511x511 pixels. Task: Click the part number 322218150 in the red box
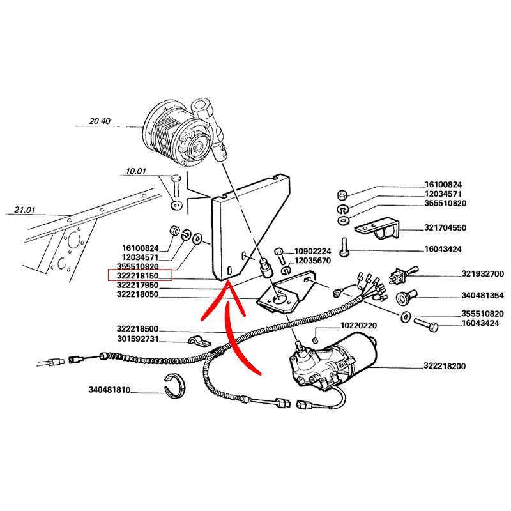[x=137, y=276]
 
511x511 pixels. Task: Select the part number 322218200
[x=445, y=366]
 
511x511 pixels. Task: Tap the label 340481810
[x=109, y=390]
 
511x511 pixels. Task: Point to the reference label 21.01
[x=24, y=210]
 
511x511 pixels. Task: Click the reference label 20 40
[x=100, y=121]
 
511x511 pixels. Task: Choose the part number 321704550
[x=445, y=227]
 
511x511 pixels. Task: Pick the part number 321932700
[x=483, y=274]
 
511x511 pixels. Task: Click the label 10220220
[x=358, y=326]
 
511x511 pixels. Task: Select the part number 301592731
[x=138, y=339]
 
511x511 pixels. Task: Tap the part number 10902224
[x=312, y=251]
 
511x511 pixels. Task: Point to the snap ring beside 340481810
[x=174, y=386]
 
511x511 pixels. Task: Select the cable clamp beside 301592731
[x=199, y=341]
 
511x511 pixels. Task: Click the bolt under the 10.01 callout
[x=176, y=185]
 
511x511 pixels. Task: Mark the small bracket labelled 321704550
[x=378, y=229]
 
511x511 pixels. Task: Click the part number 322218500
[x=137, y=328]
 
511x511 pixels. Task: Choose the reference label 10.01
[x=136, y=171]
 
